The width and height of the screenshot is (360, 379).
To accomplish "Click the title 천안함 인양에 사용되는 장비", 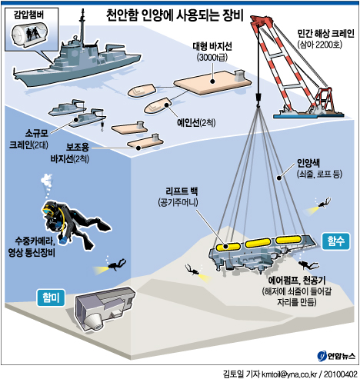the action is point(175,16).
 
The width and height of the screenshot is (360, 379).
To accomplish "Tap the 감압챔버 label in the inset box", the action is point(29,15).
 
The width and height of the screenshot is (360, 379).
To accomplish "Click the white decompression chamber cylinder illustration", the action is point(29,35).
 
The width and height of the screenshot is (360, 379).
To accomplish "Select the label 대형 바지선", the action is point(212,46).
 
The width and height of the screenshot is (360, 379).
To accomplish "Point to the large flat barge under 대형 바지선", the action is point(212,82).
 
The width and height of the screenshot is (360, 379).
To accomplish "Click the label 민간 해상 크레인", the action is point(325,33).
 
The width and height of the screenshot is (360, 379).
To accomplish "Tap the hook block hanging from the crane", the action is point(258,99).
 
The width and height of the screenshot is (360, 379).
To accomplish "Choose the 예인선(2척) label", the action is point(196,123).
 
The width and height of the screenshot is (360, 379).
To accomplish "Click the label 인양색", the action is point(308,163).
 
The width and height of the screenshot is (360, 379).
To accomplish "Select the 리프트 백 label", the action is point(182,191).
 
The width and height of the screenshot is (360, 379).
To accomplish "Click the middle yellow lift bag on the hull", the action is point(258,242).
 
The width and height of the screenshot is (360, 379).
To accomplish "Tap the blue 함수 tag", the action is point(335,241).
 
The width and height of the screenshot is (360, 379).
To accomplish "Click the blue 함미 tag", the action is point(51,298).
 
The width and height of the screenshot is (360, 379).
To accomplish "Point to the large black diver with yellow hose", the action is point(75,224).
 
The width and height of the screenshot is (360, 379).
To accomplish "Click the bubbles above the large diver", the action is point(47,184).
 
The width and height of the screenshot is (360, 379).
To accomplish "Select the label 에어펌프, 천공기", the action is point(297,281).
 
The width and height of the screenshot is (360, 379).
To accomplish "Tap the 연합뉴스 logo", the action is point(336,356).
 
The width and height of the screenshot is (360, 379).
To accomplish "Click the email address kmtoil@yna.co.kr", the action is point(289,374).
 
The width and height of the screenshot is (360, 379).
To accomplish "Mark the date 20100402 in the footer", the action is point(340,374).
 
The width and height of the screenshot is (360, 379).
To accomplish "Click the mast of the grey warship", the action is point(82,25).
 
